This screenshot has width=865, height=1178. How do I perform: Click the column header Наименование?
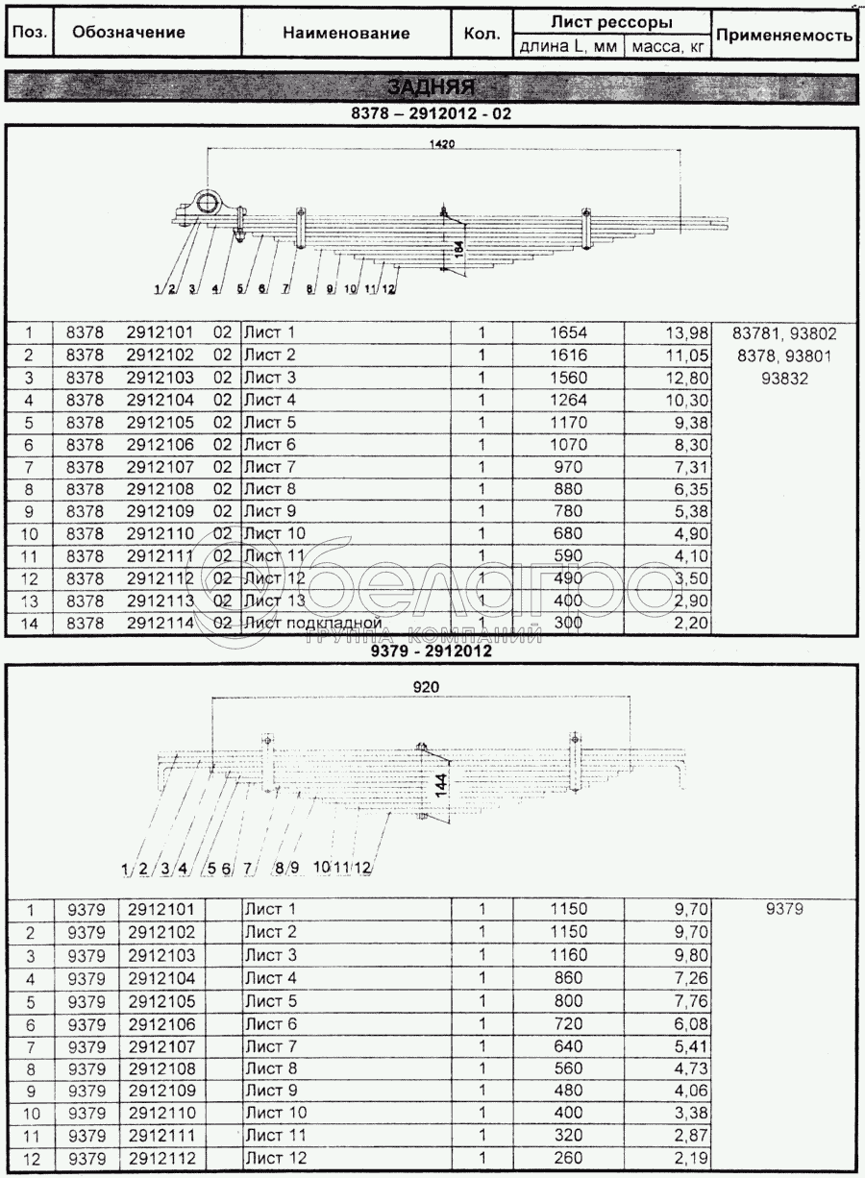point(346,34)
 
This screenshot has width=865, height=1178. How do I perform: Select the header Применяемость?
point(784,36)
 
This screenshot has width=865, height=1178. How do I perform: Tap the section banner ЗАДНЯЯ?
point(432,86)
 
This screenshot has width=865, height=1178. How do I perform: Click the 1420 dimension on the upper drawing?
point(443,142)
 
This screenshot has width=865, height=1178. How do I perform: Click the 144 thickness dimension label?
point(440,780)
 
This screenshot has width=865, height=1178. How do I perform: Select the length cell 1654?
point(567,333)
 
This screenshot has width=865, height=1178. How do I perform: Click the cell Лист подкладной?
point(314,625)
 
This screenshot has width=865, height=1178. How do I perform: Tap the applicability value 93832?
point(784,379)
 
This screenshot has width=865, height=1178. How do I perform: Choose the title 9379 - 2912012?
point(432,651)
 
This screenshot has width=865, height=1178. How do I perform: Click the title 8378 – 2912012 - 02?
point(432,112)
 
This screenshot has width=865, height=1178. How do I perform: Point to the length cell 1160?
point(567,955)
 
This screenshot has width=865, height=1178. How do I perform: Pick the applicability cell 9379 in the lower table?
point(784,909)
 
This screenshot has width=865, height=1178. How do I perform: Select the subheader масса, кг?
point(668,46)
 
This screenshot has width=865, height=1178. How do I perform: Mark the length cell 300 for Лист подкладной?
point(567,625)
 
